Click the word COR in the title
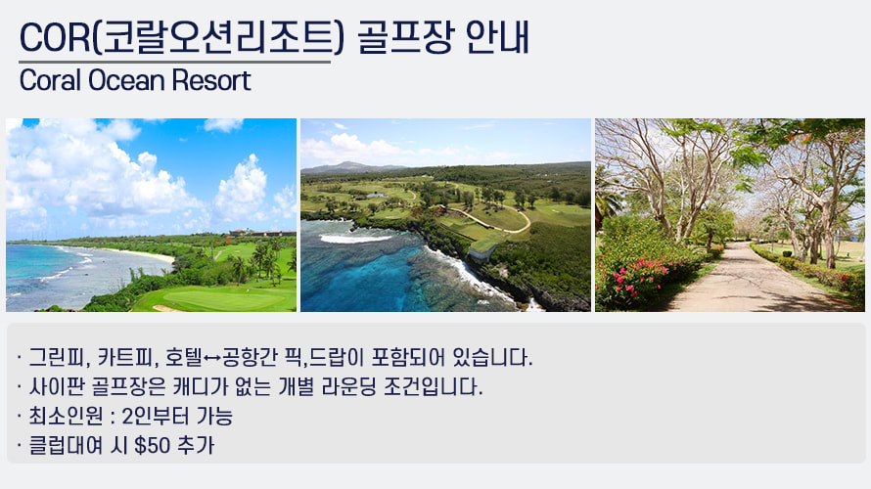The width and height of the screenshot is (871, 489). tap(55, 38)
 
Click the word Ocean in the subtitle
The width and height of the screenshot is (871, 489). tap(126, 80)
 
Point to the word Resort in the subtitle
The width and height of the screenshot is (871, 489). tap(211, 80)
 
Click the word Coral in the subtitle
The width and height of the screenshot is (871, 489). tap(50, 80)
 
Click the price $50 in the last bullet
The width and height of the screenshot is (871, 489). tap(153, 445)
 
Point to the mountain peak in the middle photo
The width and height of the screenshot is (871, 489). tap(348, 165)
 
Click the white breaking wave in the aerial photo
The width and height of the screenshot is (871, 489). tap(355, 239)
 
